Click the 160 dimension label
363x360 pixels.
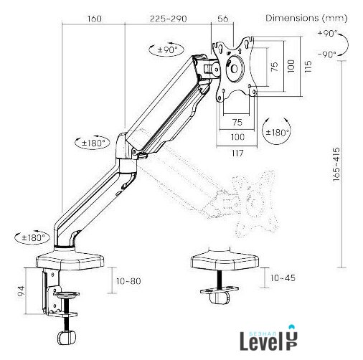[94, 19]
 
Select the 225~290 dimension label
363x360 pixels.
[168, 19]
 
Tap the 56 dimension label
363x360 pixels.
[223, 19]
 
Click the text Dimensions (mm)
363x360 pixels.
[306, 18]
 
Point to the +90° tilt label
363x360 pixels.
[327, 33]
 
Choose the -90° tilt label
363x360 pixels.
[327, 55]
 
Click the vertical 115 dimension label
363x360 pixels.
[308, 67]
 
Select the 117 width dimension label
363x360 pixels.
[237, 153]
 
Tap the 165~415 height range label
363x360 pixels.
[336, 164]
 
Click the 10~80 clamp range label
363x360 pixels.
[128, 281]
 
